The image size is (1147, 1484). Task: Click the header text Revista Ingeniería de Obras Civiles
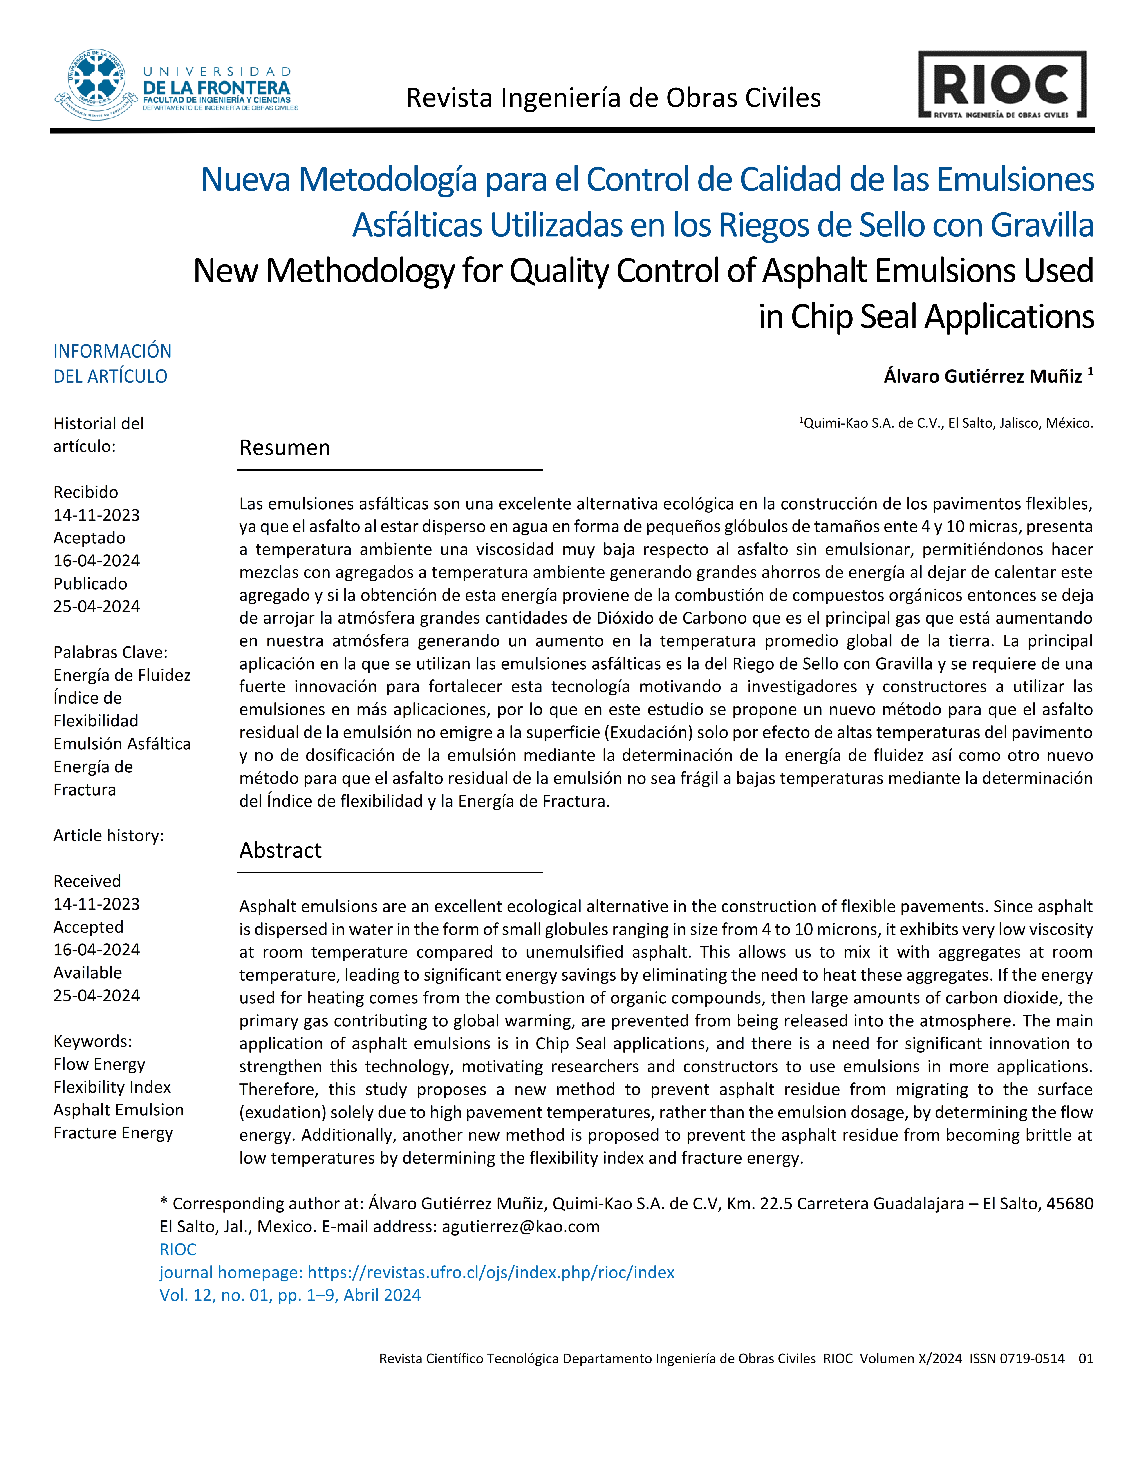point(613,98)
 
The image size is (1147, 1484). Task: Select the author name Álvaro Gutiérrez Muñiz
point(983,376)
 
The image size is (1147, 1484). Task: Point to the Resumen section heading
point(285,448)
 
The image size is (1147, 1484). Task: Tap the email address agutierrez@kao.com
point(520,1227)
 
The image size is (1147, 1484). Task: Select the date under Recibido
point(96,515)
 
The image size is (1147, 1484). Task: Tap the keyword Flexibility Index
point(112,1087)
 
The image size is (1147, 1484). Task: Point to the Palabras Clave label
point(110,652)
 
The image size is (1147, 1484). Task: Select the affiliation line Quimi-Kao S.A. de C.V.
point(948,423)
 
